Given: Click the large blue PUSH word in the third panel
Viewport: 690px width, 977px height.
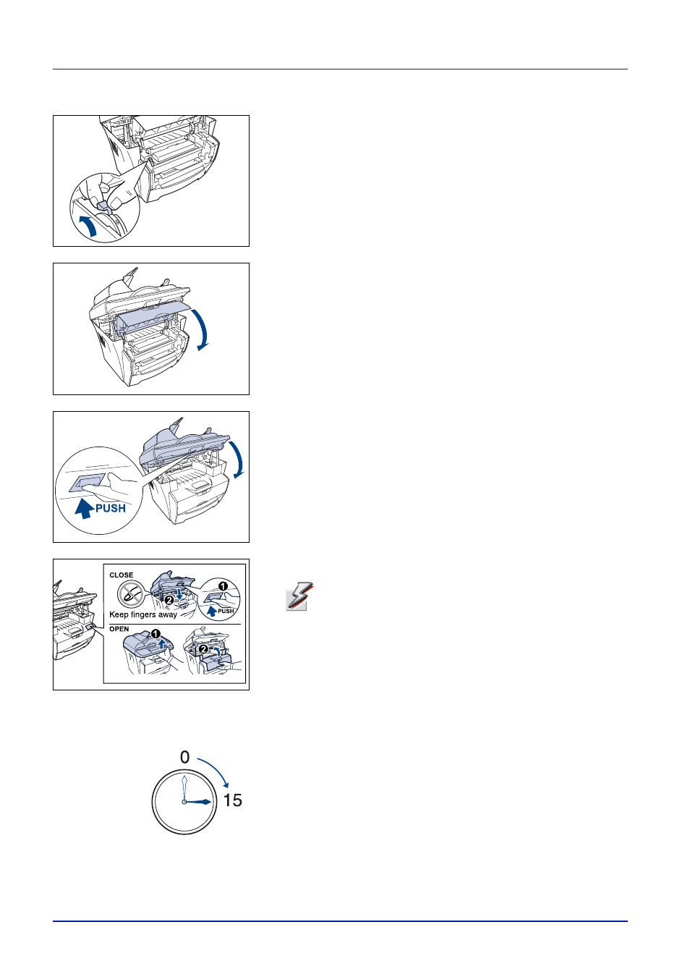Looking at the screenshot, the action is click(x=111, y=508).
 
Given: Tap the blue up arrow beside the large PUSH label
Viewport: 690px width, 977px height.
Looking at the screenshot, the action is click(x=83, y=509).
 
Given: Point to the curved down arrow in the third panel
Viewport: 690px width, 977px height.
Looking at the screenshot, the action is click(x=238, y=460).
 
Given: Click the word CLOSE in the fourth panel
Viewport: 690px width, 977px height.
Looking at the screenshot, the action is click(x=122, y=575).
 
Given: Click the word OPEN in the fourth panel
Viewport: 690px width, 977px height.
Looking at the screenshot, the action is click(x=119, y=629).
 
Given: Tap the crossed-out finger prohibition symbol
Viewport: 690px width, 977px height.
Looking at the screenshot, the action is click(x=131, y=594).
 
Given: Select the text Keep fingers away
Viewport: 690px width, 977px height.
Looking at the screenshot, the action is click(x=143, y=614).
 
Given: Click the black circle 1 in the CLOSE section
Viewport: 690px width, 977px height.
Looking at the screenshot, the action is click(x=223, y=586).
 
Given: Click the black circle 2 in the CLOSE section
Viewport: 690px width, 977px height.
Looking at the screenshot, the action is click(x=169, y=601).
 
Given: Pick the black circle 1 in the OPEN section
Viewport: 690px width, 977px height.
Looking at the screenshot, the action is click(x=156, y=634).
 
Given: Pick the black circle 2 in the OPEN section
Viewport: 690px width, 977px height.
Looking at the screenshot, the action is click(x=203, y=649).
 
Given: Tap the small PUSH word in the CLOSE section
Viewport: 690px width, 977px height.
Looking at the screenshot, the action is click(x=226, y=611).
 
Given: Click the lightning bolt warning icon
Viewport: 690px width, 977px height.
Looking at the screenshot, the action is click(x=299, y=596).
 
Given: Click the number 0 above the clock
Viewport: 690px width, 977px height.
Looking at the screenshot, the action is click(x=185, y=757).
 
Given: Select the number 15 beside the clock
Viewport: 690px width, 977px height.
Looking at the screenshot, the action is click(x=232, y=800).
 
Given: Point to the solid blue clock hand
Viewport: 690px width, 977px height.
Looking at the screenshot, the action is click(x=198, y=802).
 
